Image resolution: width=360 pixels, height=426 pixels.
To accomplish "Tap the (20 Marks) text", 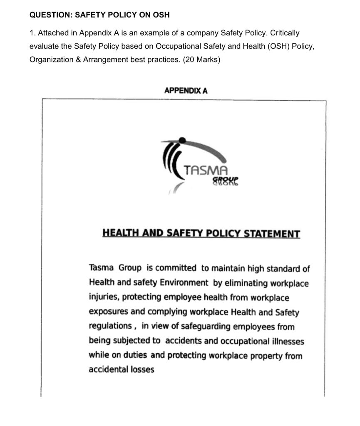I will (x=201, y=59).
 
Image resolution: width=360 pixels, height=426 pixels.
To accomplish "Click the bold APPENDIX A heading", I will (x=186, y=90).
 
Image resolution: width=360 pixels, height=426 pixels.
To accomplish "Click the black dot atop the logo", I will (x=182, y=141).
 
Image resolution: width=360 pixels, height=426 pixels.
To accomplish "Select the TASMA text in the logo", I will (x=206, y=171).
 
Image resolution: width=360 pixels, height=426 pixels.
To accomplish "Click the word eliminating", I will (x=246, y=283).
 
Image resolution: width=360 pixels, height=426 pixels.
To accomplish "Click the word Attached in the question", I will (x=50, y=33).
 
